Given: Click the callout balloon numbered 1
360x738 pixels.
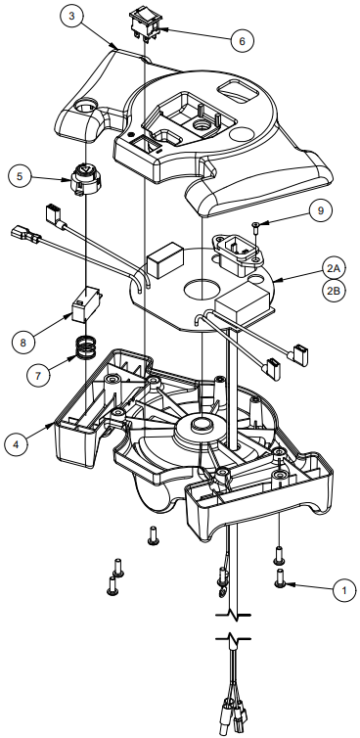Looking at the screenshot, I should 343,590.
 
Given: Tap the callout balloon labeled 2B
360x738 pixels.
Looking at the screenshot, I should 335,290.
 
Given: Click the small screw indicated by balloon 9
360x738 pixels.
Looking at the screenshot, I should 255,227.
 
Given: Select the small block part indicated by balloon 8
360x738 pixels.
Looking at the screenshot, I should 86,304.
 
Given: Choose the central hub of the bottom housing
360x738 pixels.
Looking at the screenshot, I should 203,424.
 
